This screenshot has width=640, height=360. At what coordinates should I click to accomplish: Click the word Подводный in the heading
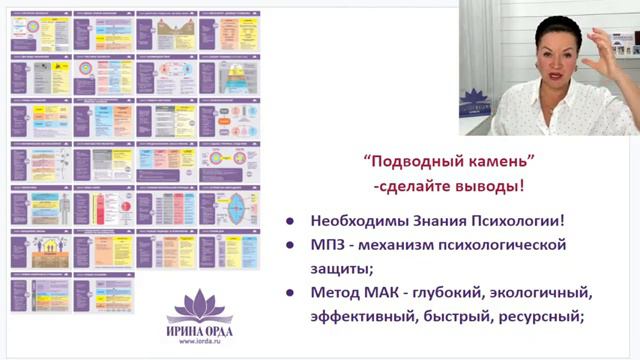401,163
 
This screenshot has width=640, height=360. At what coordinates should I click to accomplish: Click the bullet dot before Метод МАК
290,296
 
